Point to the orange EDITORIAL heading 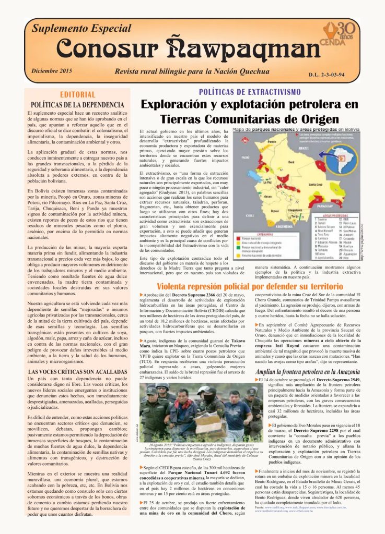(x=78, y=94)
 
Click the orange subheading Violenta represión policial (x=243, y=286)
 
